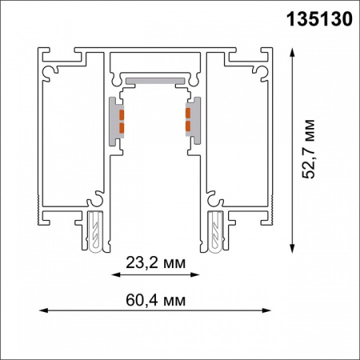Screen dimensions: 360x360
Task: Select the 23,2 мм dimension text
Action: (155, 262)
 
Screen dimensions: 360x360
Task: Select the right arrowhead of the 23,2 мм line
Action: (198, 274)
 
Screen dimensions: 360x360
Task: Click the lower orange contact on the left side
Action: (122, 127)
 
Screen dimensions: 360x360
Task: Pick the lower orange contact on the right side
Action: (189, 127)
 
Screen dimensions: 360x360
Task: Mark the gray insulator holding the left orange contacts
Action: (117, 119)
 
